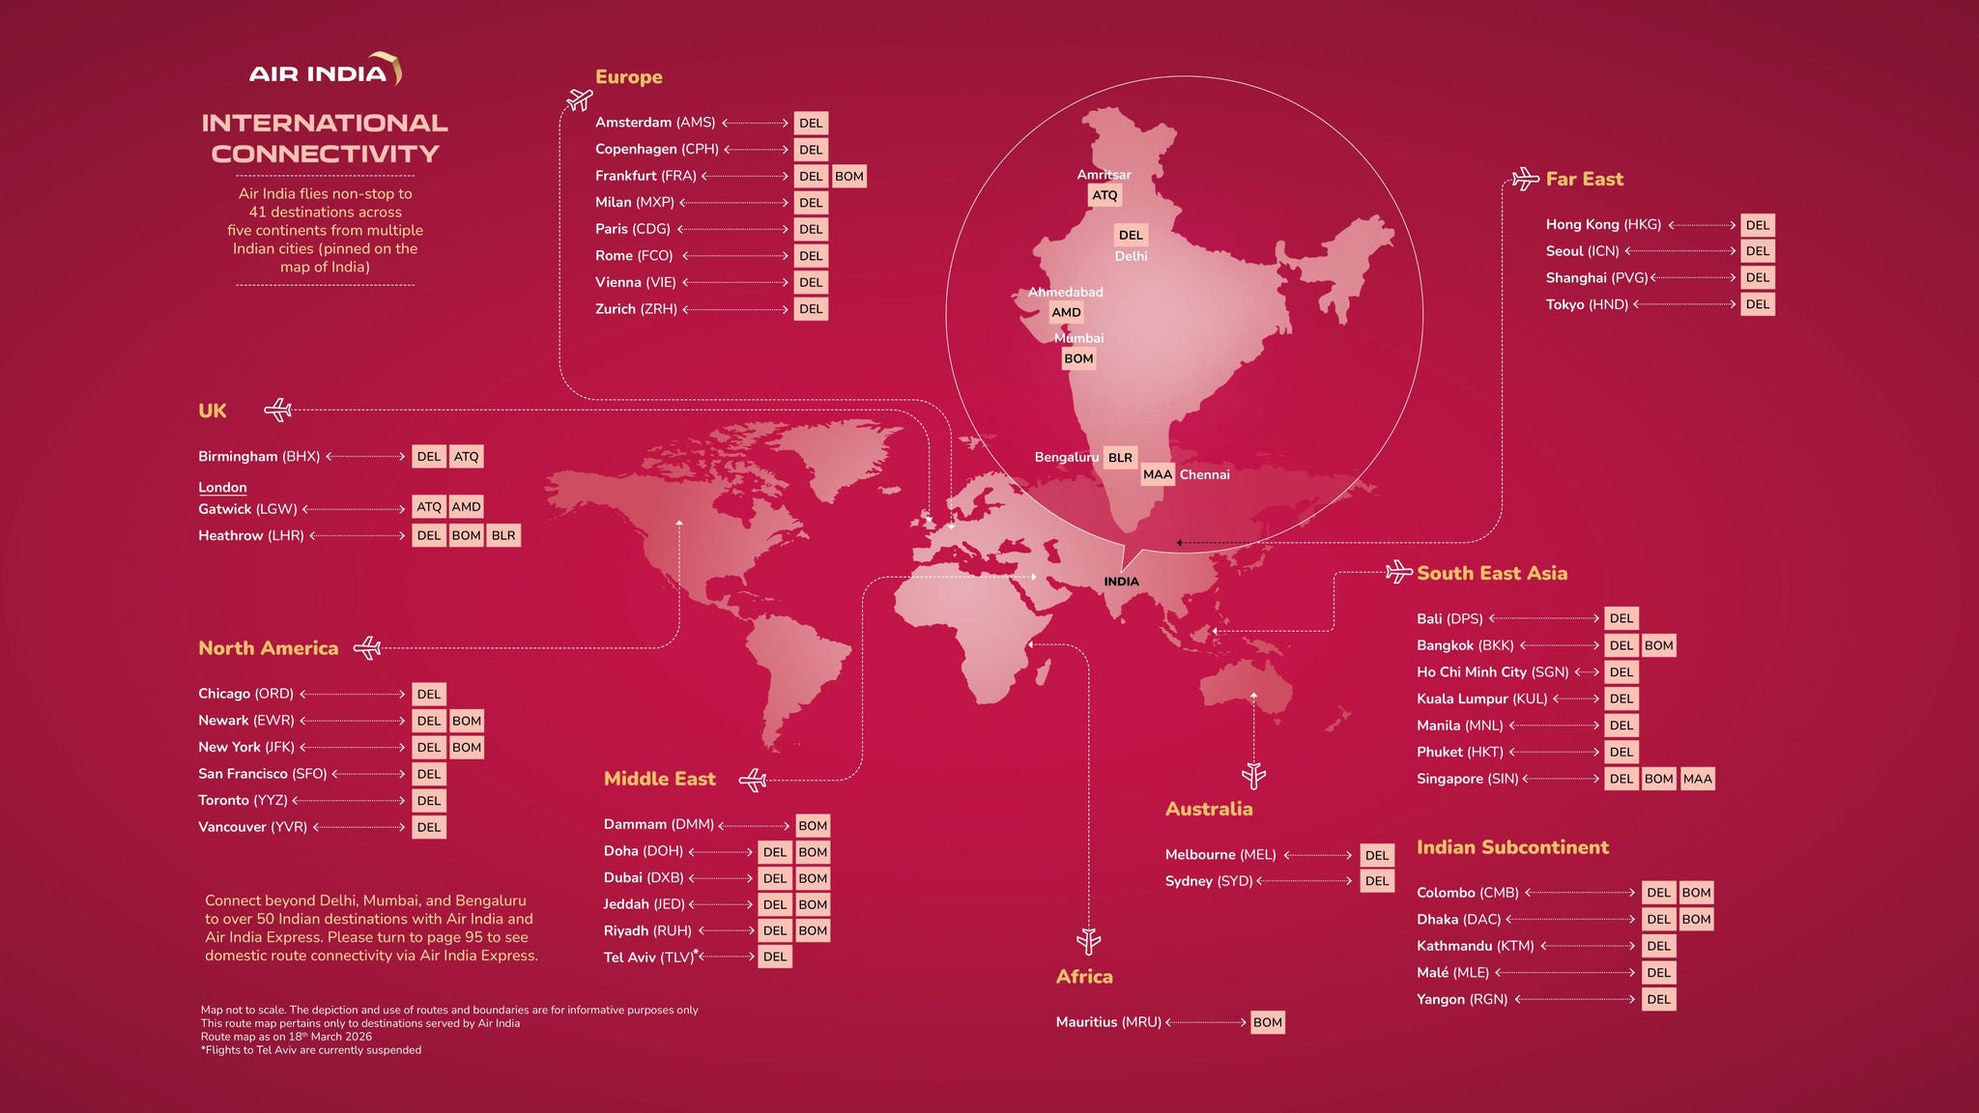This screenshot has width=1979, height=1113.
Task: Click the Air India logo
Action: tap(325, 71)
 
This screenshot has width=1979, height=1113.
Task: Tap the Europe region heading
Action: tap(628, 77)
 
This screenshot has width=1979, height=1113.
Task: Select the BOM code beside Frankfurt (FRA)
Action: tap(848, 176)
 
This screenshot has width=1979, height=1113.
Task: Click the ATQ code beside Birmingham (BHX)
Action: tap(466, 456)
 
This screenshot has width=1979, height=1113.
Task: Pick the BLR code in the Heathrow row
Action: tap(503, 535)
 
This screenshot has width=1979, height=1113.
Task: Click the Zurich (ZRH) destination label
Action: tap(636, 309)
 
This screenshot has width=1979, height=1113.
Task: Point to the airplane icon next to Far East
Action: tap(1525, 179)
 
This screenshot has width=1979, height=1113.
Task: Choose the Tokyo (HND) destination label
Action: tap(1587, 304)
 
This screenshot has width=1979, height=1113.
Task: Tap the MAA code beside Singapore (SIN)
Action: tap(1697, 779)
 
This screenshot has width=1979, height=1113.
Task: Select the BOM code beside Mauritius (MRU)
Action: tap(1267, 1022)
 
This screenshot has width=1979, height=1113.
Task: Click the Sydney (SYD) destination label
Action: tap(1208, 881)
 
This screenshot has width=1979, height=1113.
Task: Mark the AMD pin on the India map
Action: tap(1066, 312)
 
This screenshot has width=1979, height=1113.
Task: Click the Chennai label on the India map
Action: tap(1204, 474)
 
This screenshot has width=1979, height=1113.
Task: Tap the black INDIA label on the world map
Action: tap(1121, 582)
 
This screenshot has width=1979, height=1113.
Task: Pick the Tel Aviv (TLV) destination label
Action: tap(648, 957)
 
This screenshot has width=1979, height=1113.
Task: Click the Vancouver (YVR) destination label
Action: tap(252, 827)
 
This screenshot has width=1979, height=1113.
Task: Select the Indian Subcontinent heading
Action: tap(1512, 847)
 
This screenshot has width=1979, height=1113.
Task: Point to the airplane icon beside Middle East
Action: tap(753, 780)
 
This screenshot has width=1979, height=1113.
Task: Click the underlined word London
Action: tap(222, 488)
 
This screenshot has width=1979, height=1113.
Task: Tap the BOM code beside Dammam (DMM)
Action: tap(812, 825)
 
